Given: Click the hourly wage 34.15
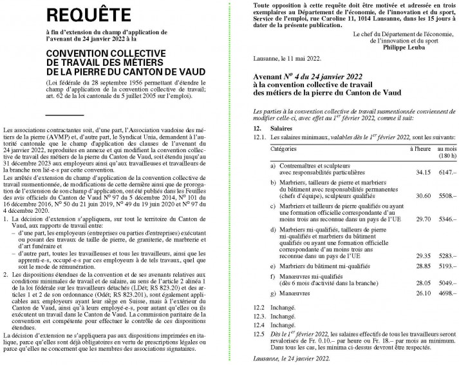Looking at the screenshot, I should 420,172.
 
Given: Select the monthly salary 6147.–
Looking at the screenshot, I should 446,172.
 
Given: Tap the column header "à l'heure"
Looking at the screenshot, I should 420,149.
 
